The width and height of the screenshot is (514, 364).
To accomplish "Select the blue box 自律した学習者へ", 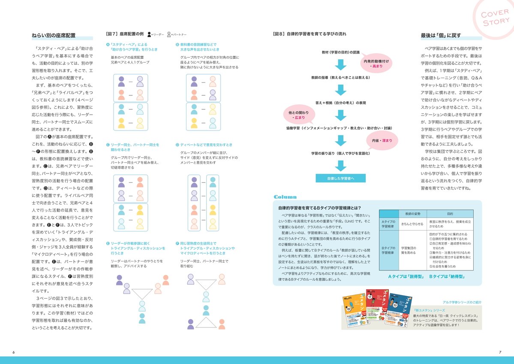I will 340,178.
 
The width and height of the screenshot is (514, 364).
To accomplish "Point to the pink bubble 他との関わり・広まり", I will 299,115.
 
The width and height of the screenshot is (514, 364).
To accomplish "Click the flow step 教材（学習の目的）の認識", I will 340,52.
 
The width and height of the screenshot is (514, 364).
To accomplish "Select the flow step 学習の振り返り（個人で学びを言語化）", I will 340,153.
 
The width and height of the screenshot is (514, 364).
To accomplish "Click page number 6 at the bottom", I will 13,352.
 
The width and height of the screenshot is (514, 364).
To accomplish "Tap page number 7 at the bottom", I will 500,352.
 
